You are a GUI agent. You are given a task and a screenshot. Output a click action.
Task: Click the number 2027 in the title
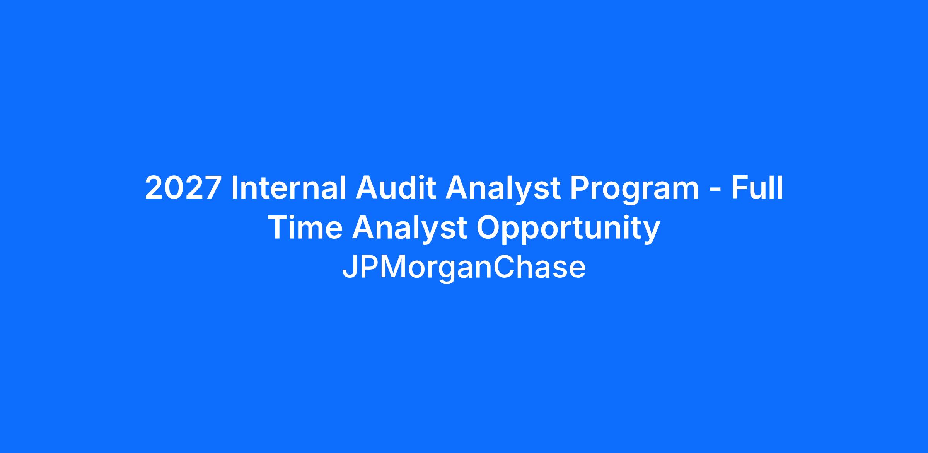183,188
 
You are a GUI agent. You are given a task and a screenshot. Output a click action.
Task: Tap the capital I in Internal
234,188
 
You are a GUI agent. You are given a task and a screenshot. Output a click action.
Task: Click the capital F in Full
740,188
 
